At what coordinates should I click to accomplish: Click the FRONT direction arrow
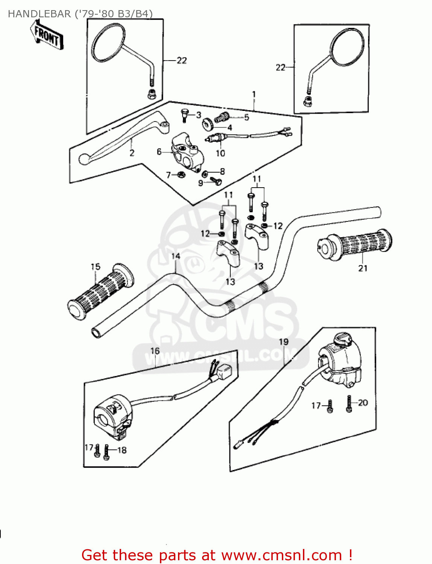(47, 35)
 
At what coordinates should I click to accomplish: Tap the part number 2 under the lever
(132, 153)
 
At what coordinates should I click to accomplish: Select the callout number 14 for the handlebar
(176, 256)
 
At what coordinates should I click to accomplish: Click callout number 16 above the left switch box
(155, 351)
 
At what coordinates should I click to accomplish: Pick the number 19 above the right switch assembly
(283, 342)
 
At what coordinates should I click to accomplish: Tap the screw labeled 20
(349, 404)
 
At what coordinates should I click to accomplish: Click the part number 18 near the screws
(122, 450)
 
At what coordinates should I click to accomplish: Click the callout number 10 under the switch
(221, 153)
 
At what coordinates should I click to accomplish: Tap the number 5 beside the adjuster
(246, 117)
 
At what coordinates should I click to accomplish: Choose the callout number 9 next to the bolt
(201, 183)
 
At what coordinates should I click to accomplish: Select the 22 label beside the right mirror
(281, 67)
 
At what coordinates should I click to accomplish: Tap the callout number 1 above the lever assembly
(254, 94)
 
